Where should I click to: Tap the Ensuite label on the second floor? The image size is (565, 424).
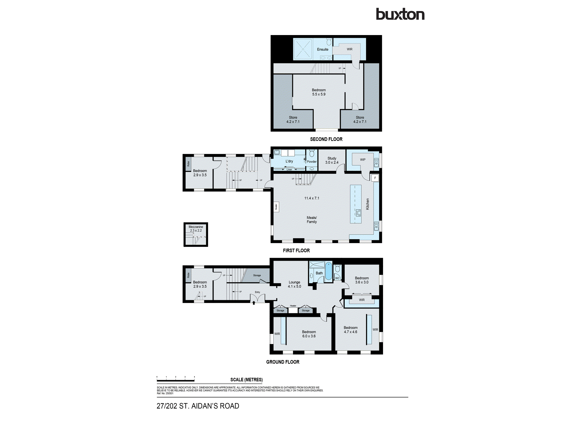323,49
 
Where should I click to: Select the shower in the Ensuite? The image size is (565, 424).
303,49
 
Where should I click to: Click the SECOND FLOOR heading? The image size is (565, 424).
326,139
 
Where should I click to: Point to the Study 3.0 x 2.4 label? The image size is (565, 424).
332,160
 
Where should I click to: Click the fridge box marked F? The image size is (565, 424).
375,178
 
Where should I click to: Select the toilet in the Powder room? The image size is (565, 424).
312,153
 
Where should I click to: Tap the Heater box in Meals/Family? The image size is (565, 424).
276,207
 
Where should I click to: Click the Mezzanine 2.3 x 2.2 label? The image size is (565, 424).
196,229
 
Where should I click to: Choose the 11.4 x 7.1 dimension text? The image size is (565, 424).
312,198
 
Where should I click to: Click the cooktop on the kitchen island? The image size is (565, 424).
358,213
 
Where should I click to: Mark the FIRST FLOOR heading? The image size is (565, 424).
296,250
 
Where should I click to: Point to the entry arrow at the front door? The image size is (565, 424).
254,303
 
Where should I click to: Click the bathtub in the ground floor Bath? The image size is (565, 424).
328,271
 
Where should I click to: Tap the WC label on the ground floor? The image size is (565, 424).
337,278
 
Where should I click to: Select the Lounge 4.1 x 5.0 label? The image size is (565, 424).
294,284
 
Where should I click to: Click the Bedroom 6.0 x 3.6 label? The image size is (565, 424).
309,334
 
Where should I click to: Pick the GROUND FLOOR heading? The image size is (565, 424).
282,362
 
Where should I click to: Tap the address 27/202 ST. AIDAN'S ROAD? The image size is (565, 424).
198,406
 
